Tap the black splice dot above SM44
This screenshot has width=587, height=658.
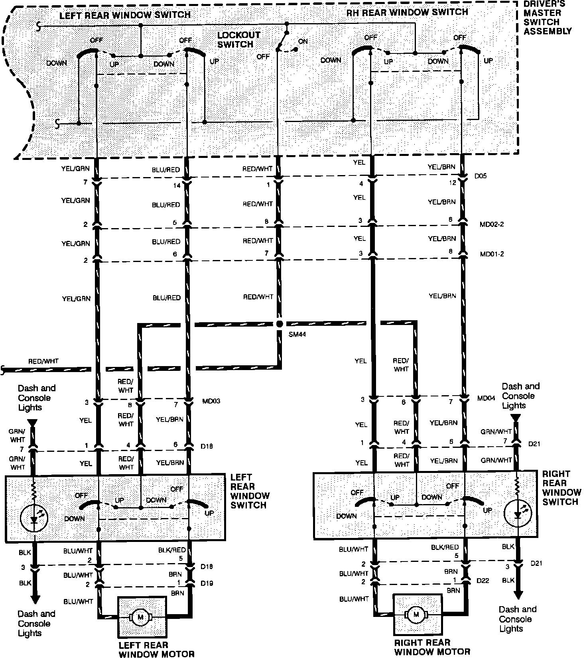(279, 323)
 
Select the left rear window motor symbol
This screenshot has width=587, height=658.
(140, 618)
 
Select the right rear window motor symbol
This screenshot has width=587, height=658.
(416, 615)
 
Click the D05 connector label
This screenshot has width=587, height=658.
(481, 175)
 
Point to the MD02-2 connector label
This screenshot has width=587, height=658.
(492, 224)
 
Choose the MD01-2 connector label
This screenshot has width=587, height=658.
(492, 254)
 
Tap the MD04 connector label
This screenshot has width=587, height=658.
(486, 398)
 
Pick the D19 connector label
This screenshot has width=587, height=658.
(207, 583)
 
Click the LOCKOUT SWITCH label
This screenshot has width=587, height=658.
(238, 39)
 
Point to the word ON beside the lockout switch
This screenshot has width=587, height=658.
(303, 41)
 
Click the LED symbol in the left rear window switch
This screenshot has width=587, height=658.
(34, 518)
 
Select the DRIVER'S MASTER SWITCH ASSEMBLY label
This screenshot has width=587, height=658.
(547, 18)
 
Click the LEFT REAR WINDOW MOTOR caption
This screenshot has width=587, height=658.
(156, 650)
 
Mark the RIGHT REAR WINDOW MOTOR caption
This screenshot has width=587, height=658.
(432, 647)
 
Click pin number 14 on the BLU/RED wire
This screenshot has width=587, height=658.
(177, 185)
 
